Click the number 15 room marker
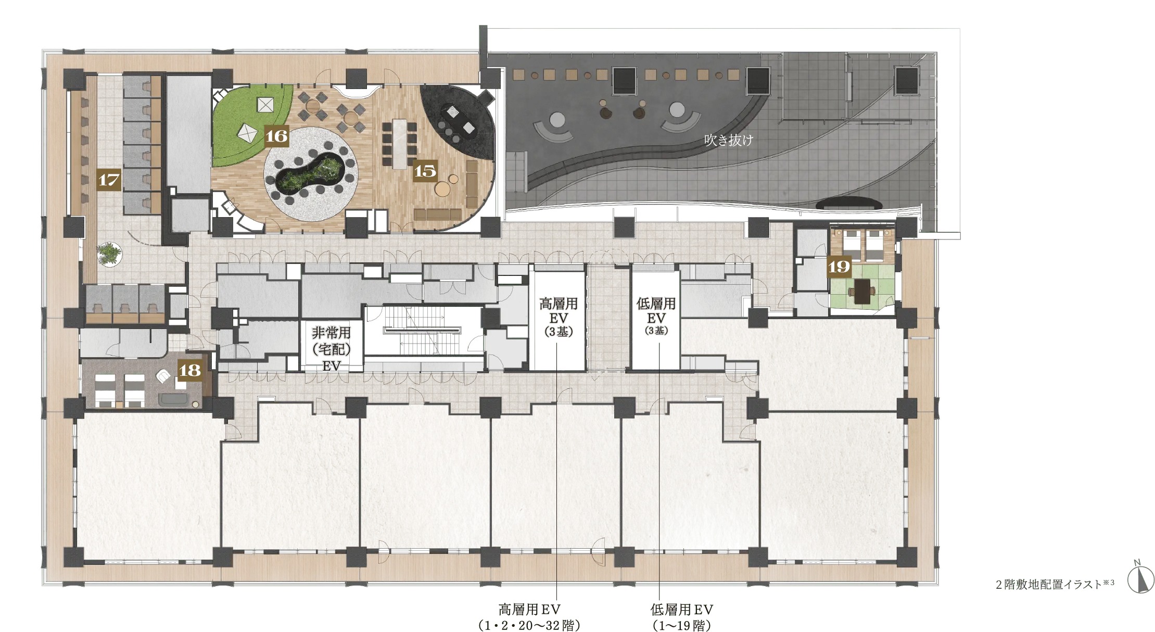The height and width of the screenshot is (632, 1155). coord(425,171)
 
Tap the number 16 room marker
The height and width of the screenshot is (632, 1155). coord(276,135)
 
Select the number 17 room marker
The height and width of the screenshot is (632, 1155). coord(109,180)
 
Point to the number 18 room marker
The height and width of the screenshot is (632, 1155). coord(189,370)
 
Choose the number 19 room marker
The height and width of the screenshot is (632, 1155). coord(839,267)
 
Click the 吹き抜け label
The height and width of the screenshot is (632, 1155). coord(728,140)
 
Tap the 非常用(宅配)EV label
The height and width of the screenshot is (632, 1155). coord(331,348)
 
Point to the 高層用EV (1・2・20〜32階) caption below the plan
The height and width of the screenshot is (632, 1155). coord(529,616)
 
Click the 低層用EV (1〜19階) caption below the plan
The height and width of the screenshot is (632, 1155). coord(681,616)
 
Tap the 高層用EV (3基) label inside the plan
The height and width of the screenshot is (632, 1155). coord(558,317)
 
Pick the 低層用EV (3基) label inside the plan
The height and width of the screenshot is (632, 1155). coord(656,315)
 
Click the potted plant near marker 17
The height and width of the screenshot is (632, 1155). coord(110,254)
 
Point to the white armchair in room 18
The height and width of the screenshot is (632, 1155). coord(165,375)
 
